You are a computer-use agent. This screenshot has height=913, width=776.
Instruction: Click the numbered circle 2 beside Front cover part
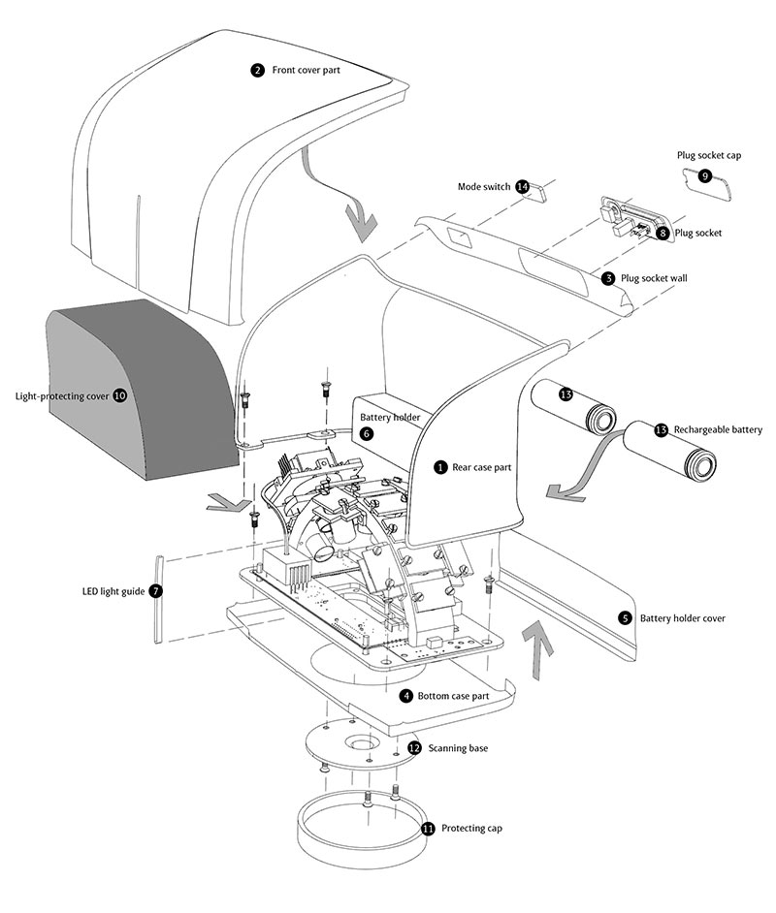coord(257,70)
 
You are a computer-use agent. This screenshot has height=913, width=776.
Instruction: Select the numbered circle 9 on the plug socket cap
coord(705,176)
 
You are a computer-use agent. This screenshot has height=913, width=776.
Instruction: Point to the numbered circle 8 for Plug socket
coord(663,234)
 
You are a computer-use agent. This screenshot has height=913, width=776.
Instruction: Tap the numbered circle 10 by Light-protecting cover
coord(119,395)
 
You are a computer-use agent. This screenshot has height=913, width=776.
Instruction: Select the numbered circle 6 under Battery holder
coord(366,434)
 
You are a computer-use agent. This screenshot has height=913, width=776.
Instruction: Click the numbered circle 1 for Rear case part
coord(440,467)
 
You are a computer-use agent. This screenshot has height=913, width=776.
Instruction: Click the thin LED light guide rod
coord(156,598)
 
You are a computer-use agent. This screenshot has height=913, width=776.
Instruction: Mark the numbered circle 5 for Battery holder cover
coord(626,617)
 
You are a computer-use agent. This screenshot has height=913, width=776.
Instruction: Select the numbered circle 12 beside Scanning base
coord(414,748)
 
